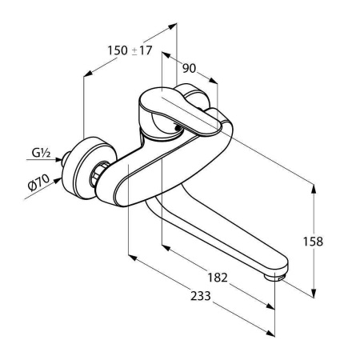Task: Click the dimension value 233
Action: [201, 296]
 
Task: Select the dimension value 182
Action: [218, 278]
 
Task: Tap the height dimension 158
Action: [313, 242]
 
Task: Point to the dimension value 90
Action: [189, 69]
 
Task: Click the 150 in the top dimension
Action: [118, 50]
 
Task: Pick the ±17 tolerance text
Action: [142, 50]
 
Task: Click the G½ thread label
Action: [41, 153]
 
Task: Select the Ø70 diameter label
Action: [38, 182]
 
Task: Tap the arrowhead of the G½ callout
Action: [58, 160]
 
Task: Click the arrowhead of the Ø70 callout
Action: [57, 181]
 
